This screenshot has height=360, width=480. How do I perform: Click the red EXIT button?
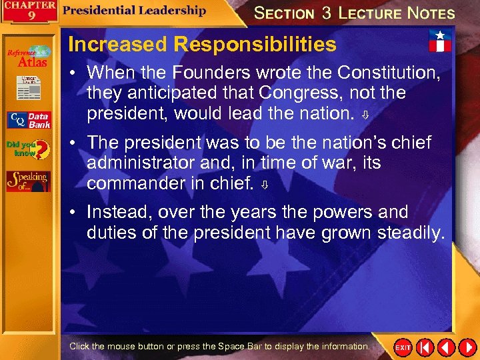pyautogui.click(x=403, y=347)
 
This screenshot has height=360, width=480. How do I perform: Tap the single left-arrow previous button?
pyautogui.click(x=446, y=347)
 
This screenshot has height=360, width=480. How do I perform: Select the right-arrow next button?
pyautogui.click(x=466, y=347)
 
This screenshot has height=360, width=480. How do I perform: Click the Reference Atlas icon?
pyautogui.click(x=28, y=57)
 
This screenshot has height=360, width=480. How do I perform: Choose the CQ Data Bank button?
pyautogui.click(x=29, y=120)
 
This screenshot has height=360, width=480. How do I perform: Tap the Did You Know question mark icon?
pyautogui.click(x=29, y=149)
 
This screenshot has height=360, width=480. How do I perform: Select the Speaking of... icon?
pyautogui.click(x=28, y=181)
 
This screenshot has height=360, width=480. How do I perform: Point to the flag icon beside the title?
pyautogui.click(x=439, y=41)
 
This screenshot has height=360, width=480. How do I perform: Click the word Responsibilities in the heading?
pyautogui.click(x=255, y=45)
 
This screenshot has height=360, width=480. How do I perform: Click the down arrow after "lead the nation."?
pyautogui.click(x=365, y=115)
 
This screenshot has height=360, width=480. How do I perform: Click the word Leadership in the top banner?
pyautogui.click(x=169, y=10)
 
